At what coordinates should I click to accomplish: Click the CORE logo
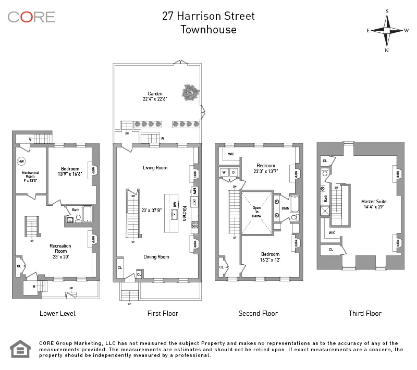31,17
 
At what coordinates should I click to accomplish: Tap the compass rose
387,30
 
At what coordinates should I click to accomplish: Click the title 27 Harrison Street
208,16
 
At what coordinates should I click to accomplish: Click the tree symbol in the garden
190,93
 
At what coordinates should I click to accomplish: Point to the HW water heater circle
22,161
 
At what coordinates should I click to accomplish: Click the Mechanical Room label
30,174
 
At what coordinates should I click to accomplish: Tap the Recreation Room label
60,248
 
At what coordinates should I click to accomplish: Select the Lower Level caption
57,313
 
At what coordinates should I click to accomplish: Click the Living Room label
155,167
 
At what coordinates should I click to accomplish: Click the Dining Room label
156,256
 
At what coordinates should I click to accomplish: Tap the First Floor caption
163,313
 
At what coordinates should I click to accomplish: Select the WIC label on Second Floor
230,154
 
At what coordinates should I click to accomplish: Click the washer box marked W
224,172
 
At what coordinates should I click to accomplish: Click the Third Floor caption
365,313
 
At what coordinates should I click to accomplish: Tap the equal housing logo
20,349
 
